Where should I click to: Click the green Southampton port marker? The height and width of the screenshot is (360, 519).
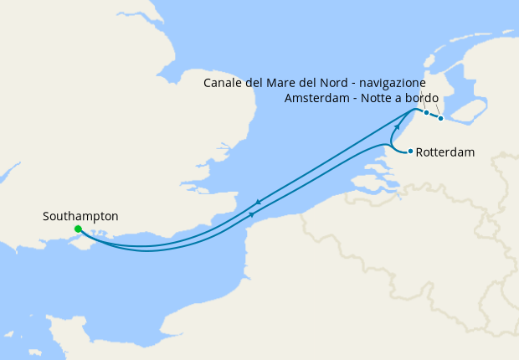pos(78,229)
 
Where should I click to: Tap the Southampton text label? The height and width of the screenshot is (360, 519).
pos(80,216)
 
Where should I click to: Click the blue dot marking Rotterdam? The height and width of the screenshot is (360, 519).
pos(410,151)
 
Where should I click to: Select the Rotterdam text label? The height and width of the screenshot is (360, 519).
pos(446,152)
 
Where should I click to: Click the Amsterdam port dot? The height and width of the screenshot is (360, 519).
pos(440,118)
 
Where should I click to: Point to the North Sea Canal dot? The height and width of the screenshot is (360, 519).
pos(426,112)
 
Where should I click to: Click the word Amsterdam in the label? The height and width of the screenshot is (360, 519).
pos(314,99)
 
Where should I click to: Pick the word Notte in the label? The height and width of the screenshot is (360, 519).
pos(378,99)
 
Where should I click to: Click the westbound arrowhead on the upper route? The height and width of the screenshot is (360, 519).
pos(258,203)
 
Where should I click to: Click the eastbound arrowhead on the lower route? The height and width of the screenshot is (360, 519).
pos(252,215)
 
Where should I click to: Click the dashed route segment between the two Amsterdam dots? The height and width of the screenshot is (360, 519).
pos(434,116)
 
